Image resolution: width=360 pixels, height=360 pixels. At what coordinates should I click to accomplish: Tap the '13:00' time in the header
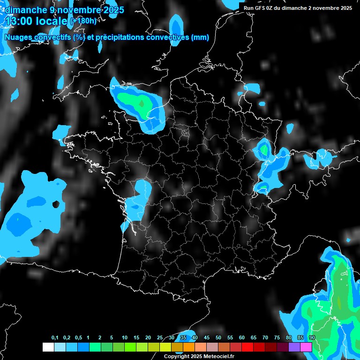(x=20, y=21)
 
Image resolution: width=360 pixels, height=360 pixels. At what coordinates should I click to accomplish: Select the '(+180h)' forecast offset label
(x=83, y=21)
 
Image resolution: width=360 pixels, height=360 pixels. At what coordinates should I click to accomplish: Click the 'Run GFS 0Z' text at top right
(x=260, y=8)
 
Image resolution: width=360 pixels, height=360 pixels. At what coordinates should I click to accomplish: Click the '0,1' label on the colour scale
(x=55, y=338)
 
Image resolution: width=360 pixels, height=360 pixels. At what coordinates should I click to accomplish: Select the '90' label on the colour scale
(x=312, y=338)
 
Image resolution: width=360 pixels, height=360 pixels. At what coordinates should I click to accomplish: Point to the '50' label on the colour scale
(x=218, y=338)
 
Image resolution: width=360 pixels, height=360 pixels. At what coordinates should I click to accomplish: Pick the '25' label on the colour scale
(x=160, y=338)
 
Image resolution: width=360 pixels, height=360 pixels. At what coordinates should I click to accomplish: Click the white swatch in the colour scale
(x=48, y=347)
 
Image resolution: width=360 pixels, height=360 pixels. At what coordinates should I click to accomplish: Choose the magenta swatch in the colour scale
(x=306, y=347)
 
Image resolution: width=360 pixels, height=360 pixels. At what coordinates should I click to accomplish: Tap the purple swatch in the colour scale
(x=294, y=347)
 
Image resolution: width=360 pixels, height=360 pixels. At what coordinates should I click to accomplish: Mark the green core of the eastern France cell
(x=265, y=150)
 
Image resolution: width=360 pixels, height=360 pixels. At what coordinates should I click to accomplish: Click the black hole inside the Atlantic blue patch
(x=56, y=204)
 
